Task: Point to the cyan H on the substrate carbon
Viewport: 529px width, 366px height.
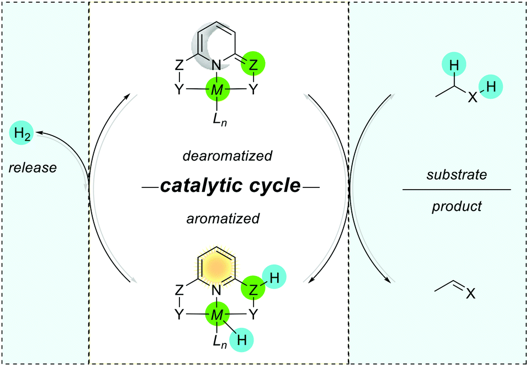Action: pos(453,66)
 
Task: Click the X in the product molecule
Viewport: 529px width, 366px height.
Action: pos(470,295)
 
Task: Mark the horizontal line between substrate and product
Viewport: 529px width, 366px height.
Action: pos(456,190)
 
